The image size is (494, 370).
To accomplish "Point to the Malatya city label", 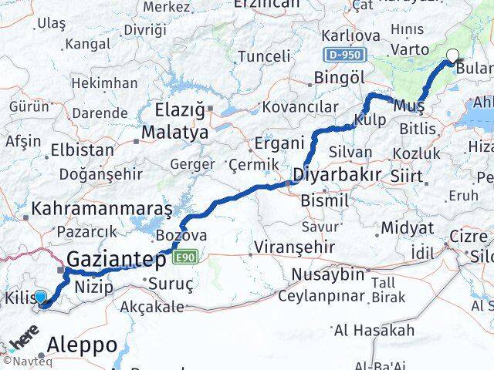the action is pyautogui.click(x=174, y=133).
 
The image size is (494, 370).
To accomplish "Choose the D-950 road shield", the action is pyautogui.click(x=340, y=55).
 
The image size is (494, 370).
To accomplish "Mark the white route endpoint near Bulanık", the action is pyautogui.click(x=452, y=55).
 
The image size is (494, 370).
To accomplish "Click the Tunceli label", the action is pyautogui.click(x=264, y=56).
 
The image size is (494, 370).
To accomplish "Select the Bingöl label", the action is pyautogui.click(x=339, y=78).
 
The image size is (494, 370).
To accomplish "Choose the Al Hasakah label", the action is pyautogui.click(x=374, y=331).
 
